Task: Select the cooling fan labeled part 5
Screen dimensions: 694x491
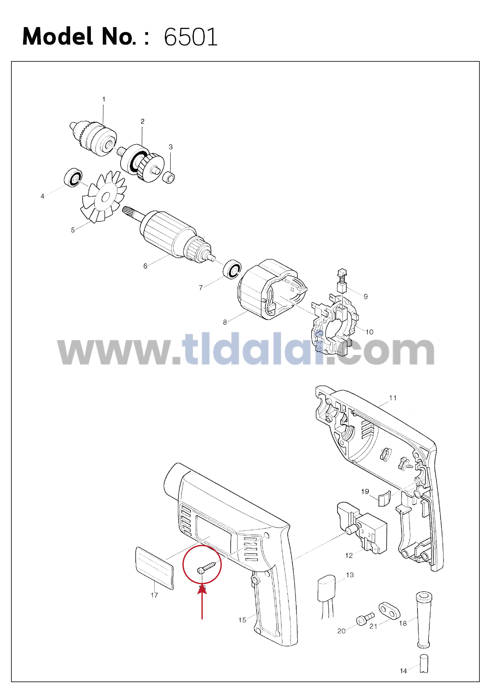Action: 103,197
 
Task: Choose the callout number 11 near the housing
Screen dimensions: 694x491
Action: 393,398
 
